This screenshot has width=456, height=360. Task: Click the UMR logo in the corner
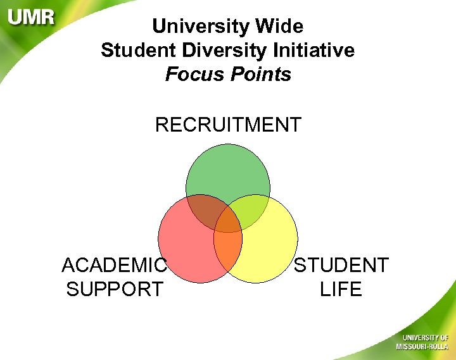click(x=31, y=17)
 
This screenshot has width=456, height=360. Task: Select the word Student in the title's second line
click(x=135, y=50)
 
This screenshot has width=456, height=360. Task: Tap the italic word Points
click(x=260, y=74)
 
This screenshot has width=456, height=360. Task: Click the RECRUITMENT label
click(x=228, y=125)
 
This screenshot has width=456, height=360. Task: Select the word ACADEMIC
click(x=114, y=265)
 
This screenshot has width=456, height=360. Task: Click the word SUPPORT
click(x=114, y=289)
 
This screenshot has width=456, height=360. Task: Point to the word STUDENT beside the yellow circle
click(x=341, y=265)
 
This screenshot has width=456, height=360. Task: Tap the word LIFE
click(x=341, y=289)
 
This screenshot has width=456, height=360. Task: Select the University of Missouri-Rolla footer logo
click(x=422, y=341)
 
